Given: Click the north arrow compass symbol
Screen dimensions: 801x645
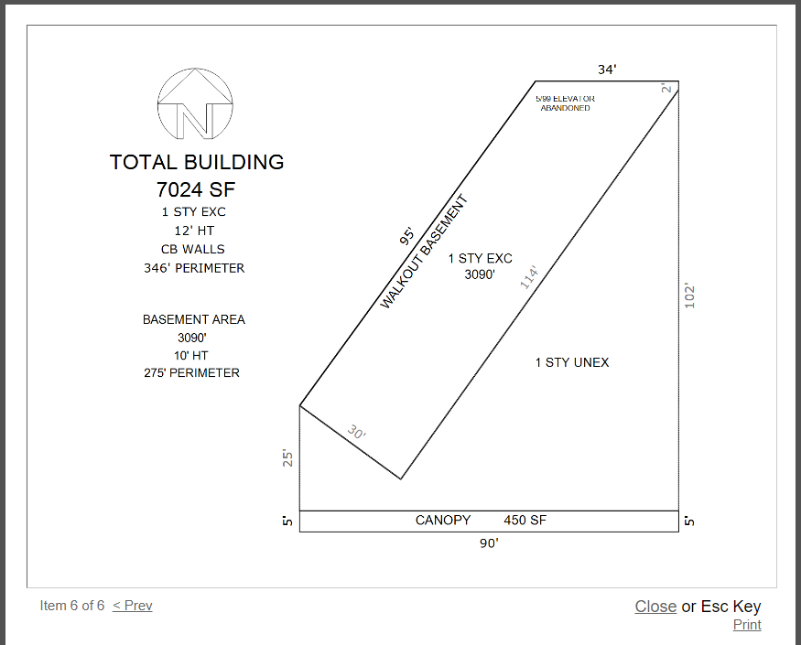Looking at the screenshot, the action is pos(195,103).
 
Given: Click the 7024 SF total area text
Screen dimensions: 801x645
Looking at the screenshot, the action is pos(196,189).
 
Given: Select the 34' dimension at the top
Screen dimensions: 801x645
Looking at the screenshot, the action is pos(608,69).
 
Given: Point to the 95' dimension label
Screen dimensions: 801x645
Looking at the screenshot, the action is pos(407,236).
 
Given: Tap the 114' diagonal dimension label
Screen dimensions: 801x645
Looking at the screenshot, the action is pos(529,277).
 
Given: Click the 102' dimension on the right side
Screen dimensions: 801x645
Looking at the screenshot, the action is pos(689,296).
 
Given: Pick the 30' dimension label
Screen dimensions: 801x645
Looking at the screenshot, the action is pos(357,432).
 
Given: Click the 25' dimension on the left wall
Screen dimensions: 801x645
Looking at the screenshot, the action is pos(287,458).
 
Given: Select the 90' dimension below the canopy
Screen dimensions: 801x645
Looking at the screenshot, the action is pos(489,543).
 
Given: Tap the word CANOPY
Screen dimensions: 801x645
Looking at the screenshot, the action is pos(443,520).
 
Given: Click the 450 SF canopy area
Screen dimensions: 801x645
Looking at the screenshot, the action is pos(525,520).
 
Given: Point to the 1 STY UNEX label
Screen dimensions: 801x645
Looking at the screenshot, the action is pos(572,362).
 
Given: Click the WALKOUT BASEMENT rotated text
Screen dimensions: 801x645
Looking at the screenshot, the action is pos(424,252).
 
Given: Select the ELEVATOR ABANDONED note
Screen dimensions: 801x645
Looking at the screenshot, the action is pos(565,103).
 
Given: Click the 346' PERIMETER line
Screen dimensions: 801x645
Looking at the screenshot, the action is pos(194,268).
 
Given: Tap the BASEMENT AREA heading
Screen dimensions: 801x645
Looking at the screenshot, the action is pos(194,319).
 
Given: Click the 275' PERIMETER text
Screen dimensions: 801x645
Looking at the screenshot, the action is pos(191,372).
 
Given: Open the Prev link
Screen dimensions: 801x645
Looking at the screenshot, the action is pos(133,606).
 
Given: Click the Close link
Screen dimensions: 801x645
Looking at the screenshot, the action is pos(655,607).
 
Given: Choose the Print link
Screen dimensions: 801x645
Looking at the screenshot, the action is pos(747,625).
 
